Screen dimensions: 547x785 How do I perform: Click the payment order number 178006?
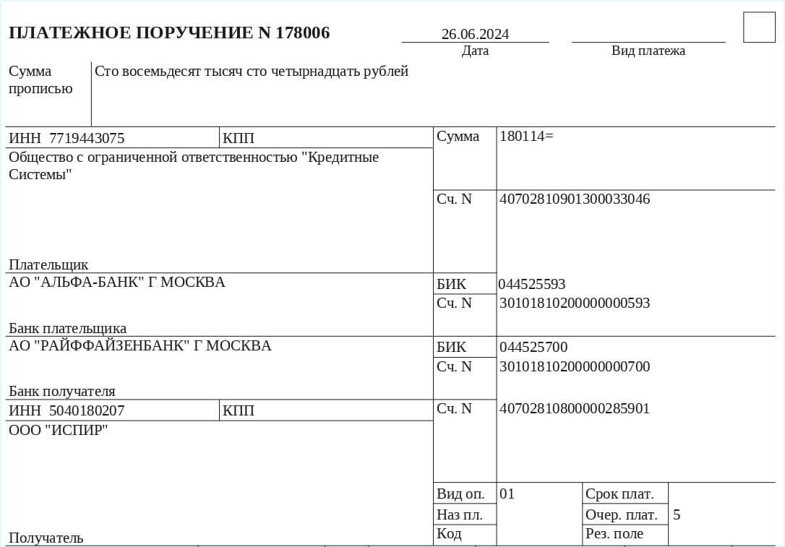303,33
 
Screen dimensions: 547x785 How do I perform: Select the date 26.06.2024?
475,34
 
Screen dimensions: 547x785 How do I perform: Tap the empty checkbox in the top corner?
758,27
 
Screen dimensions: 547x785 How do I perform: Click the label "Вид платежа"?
648,51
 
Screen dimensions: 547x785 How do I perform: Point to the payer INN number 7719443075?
87,138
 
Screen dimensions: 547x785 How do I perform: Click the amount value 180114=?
526,136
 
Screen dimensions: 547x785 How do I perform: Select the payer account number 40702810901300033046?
575,199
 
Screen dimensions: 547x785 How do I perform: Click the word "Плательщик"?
48,264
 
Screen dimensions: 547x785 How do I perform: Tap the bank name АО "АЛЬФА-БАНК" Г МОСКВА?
117,282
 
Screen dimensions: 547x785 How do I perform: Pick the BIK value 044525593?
532,284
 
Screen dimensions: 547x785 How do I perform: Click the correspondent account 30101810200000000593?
575,303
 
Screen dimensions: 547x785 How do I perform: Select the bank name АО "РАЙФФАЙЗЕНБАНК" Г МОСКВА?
140,345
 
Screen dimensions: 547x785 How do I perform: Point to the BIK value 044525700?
533,348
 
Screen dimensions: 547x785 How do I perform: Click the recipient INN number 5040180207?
87,410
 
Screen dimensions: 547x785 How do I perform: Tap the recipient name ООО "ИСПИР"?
59,430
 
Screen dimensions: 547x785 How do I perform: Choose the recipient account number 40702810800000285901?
575,408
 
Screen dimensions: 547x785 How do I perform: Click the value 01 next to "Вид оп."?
507,494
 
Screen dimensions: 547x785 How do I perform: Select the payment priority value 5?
677,514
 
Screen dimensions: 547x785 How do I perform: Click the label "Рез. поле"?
614,534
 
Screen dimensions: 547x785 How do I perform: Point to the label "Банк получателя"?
62,392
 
